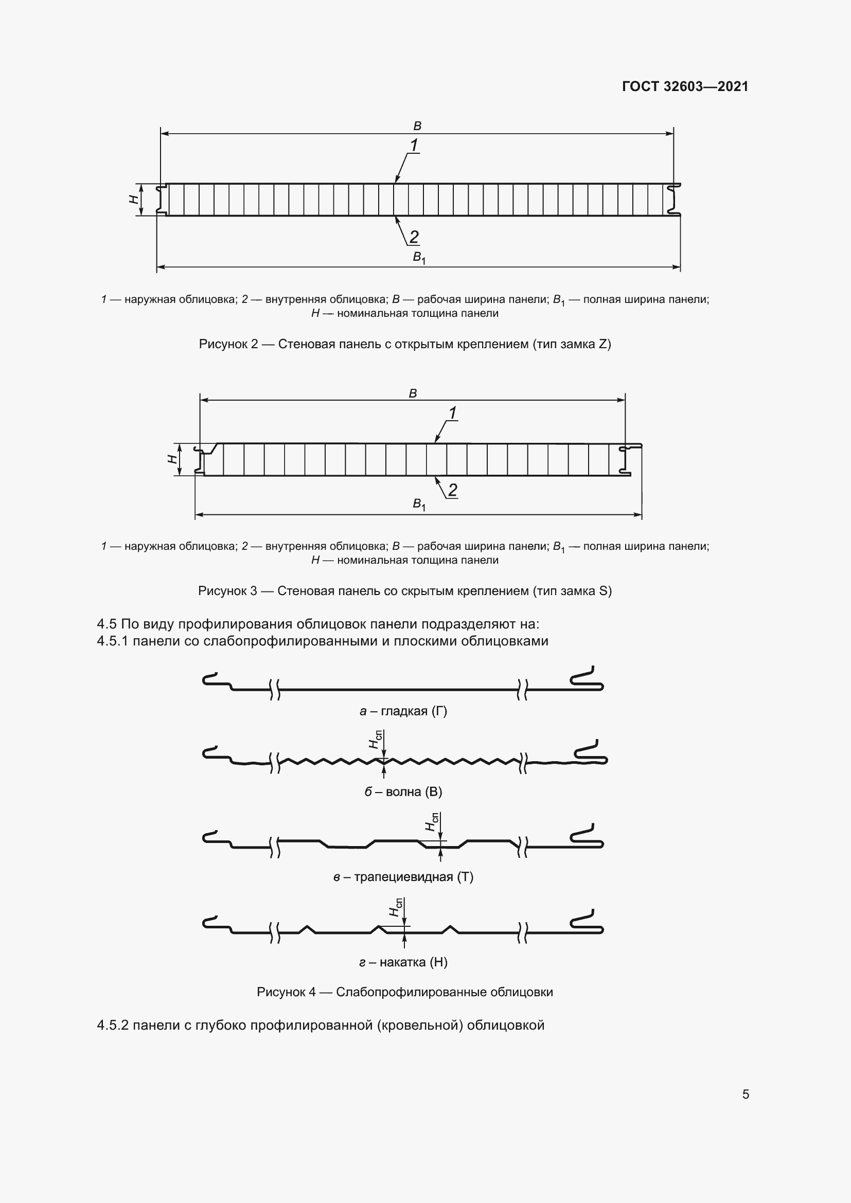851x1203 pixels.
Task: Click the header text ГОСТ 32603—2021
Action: pyautogui.click(x=685, y=86)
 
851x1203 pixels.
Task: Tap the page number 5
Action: pyautogui.click(x=746, y=1094)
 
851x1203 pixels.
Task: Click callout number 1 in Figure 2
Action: pyautogui.click(x=414, y=145)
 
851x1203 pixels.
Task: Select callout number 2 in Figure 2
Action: pyautogui.click(x=414, y=237)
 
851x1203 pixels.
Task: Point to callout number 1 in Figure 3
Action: pyautogui.click(x=453, y=413)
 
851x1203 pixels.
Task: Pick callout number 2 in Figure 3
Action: pyautogui.click(x=453, y=490)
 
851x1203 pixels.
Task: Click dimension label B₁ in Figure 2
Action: pyautogui.click(x=419, y=257)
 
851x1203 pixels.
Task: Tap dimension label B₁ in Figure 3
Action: pyautogui.click(x=419, y=504)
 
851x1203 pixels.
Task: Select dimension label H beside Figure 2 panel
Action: pyautogui.click(x=134, y=199)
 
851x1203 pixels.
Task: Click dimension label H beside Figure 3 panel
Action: pyautogui.click(x=172, y=459)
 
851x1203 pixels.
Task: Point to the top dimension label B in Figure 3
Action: pyautogui.click(x=413, y=393)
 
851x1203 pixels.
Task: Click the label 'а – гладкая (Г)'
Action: pyautogui.click(x=403, y=711)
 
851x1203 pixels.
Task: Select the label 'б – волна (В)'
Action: pyautogui.click(x=403, y=792)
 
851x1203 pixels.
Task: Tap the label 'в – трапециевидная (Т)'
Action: pyautogui.click(x=403, y=876)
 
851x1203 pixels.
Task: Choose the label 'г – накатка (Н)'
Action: pyautogui.click(x=403, y=962)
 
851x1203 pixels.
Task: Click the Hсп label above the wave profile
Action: pyautogui.click(x=375, y=739)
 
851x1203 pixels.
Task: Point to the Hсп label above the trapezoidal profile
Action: pyautogui.click(x=432, y=822)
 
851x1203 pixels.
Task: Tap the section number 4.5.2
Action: pyautogui.click(x=113, y=1026)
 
